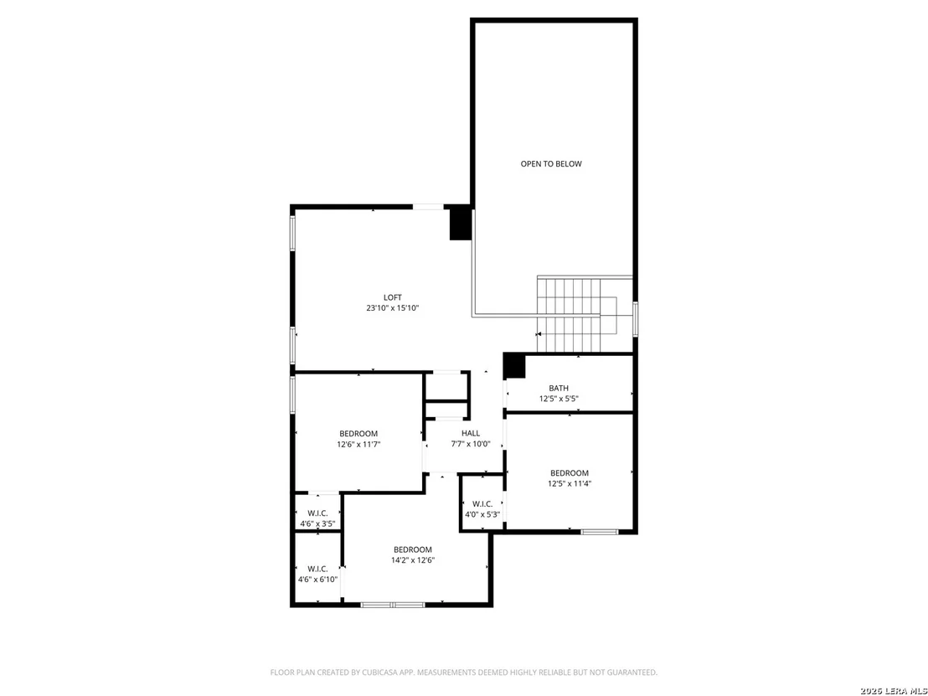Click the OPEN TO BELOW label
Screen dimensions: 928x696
click(x=551, y=164)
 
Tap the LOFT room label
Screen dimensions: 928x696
click(x=392, y=297)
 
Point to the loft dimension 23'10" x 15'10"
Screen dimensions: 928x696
click(x=392, y=308)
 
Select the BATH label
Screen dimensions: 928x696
click(x=559, y=389)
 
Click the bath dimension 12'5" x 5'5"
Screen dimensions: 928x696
click(x=559, y=399)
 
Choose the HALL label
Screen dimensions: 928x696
click(x=471, y=433)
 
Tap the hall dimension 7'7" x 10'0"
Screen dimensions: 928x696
click(x=471, y=444)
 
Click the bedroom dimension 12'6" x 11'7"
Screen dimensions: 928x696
click(x=358, y=444)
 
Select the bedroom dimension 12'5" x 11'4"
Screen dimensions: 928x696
click(x=570, y=483)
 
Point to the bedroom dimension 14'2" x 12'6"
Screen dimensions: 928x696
click(x=413, y=559)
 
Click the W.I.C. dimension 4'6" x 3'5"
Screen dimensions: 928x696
click(x=317, y=523)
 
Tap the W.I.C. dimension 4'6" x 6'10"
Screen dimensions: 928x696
click(x=317, y=580)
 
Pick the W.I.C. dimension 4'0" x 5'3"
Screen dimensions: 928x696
click(x=483, y=514)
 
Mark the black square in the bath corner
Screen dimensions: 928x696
click(x=514, y=366)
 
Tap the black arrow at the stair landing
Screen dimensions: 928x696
click(x=539, y=334)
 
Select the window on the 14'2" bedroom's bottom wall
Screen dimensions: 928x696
click(x=393, y=604)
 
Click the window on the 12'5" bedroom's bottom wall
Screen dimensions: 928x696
click(x=600, y=532)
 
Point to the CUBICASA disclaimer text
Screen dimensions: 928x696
click(x=463, y=673)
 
